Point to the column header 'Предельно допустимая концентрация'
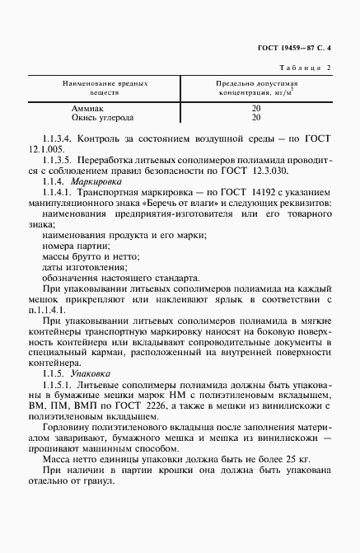(256, 89)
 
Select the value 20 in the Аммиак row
(256, 108)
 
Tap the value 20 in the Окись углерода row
(256, 117)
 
